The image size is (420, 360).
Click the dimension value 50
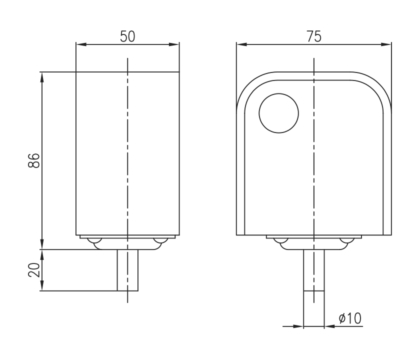[x=127, y=37]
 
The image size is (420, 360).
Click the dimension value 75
[x=314, y=36]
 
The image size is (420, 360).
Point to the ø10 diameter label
[x=350, y=318]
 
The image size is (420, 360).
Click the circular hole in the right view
[x=278, y=113]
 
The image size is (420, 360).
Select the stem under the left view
[x=127, y=270]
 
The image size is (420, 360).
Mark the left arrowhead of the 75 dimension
[x=240, y=44]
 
